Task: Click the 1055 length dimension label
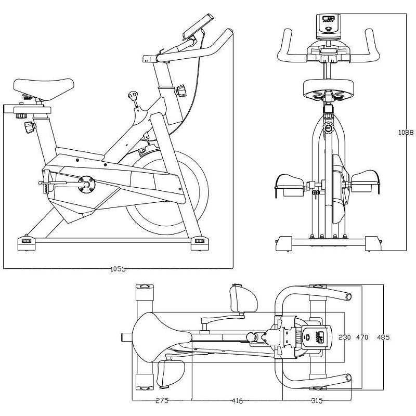coord(118,269)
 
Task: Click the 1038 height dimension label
coord(406,133)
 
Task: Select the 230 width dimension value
coord(345,337)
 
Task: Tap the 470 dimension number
coord(362,337)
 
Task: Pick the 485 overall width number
coord(383,337)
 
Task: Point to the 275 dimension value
coord(162,401)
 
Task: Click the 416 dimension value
coord(237,401)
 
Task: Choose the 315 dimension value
coord(316,401)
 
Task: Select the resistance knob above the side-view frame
coord(134,96)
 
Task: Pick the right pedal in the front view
coord(367,182)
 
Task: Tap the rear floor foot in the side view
coord(26,241)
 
